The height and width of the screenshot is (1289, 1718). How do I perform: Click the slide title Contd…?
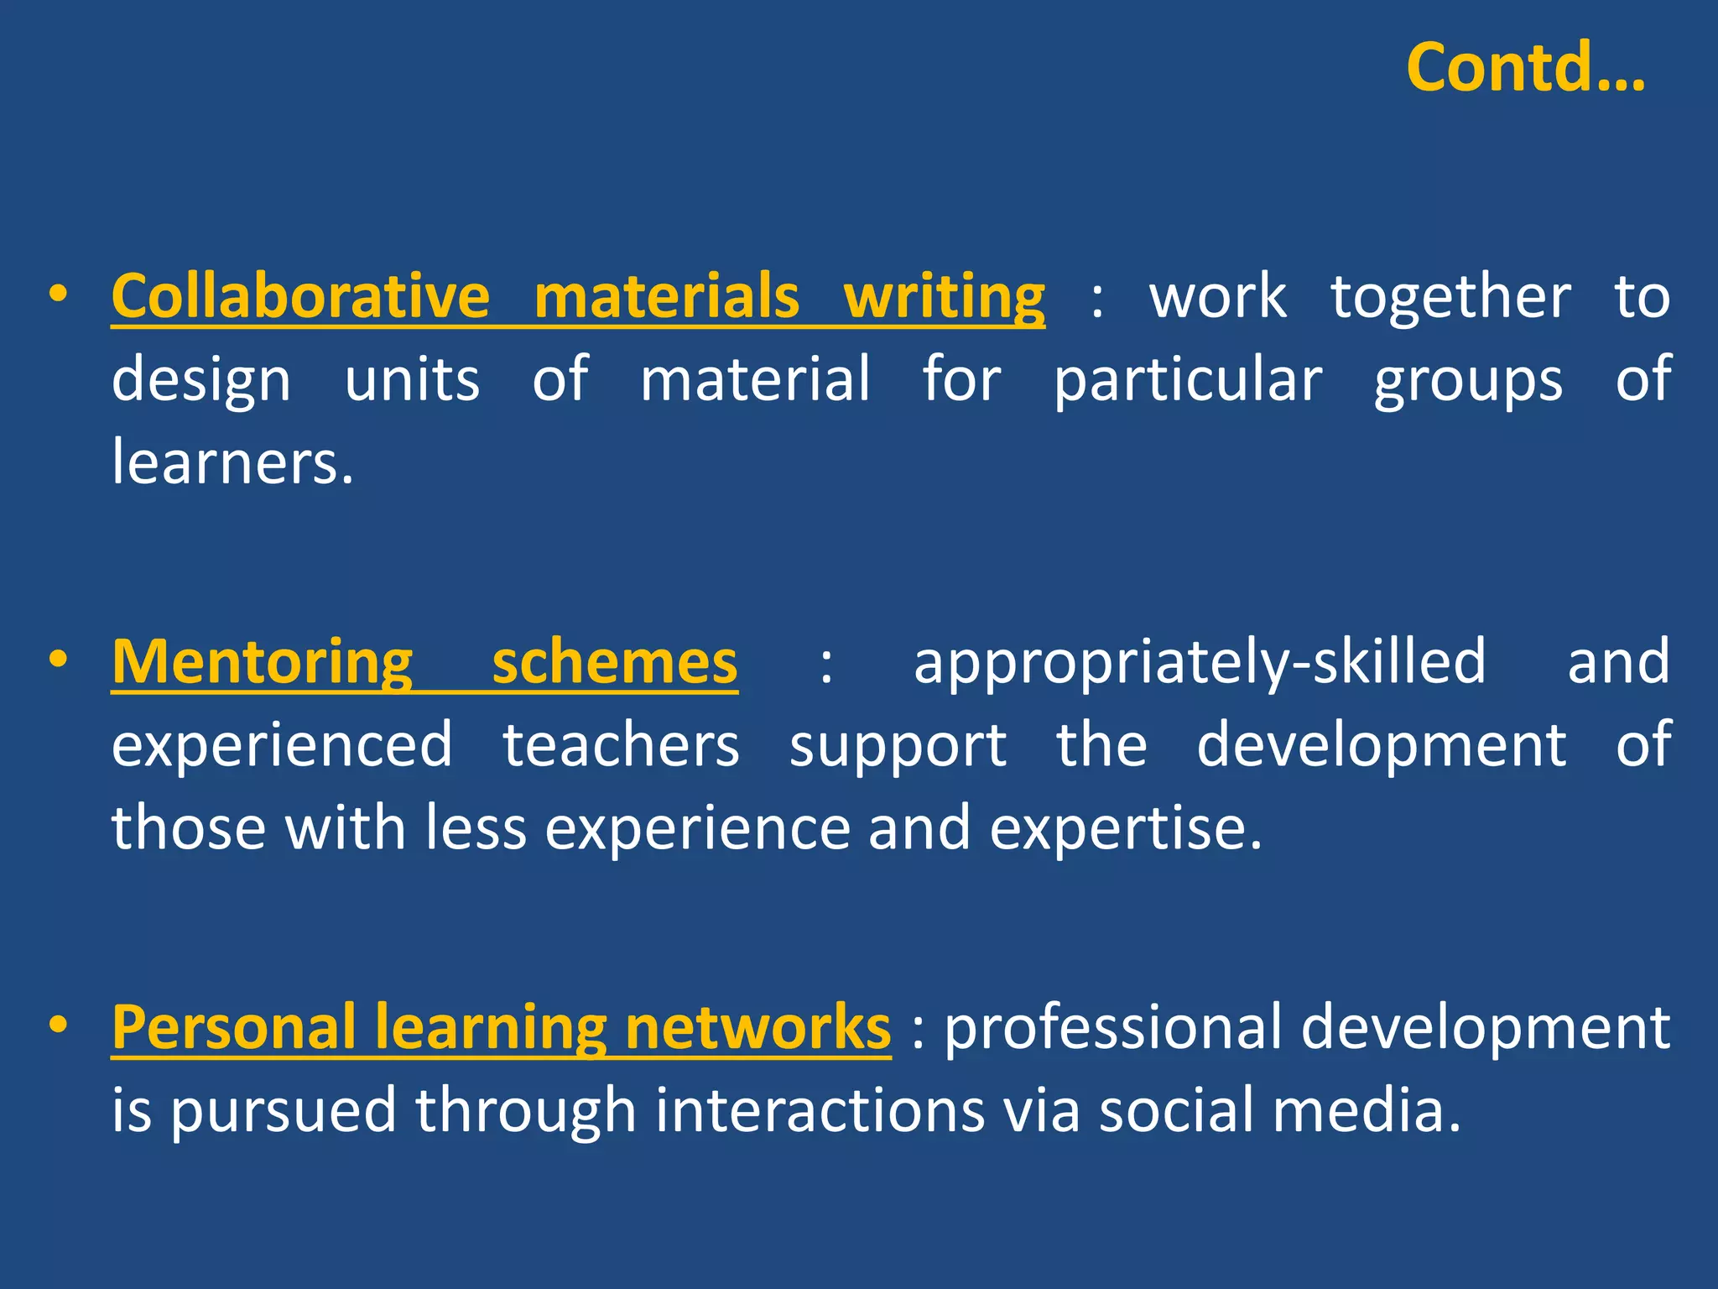1525,67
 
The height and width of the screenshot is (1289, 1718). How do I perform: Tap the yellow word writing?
944,297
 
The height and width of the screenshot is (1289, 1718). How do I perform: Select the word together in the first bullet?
1450,297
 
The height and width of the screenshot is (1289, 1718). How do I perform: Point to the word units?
412,379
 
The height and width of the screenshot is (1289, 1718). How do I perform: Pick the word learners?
232,462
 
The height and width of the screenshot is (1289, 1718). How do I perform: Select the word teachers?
621,745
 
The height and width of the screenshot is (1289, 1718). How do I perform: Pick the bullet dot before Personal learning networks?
58,1025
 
